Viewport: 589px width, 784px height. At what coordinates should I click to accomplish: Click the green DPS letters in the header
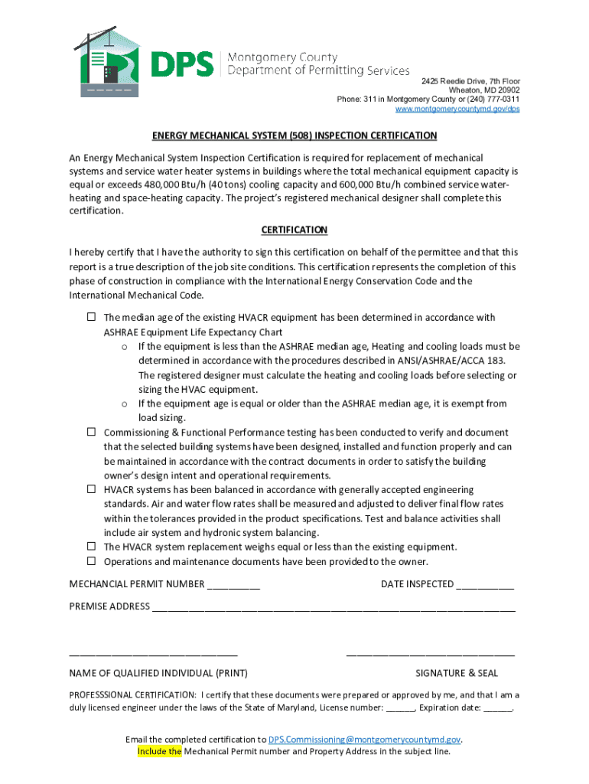click(x=182, y=64)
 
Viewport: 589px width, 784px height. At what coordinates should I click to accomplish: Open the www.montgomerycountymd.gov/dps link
click(x=457, y=109)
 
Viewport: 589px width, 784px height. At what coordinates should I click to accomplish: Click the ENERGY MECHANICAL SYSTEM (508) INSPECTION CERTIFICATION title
click(x=294, y=136)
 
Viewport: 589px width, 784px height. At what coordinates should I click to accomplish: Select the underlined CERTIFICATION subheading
click(x=294, y=230)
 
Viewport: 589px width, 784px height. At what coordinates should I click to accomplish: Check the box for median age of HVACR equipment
click(x=90, y=317)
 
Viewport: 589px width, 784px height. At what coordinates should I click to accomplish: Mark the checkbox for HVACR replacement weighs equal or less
click(x=90, y=547)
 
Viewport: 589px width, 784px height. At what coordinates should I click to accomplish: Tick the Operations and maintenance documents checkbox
click(x=90, y=561)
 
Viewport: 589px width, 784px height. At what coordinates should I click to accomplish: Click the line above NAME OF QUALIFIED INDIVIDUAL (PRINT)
click(x=153, y=655)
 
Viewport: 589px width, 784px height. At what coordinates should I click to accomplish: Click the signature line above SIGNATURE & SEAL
click(x=430, y=655)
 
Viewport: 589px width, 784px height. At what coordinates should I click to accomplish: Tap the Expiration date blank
click(x=498, y=709)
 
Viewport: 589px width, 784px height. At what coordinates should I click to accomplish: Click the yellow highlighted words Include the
click(x=159, y=752)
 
